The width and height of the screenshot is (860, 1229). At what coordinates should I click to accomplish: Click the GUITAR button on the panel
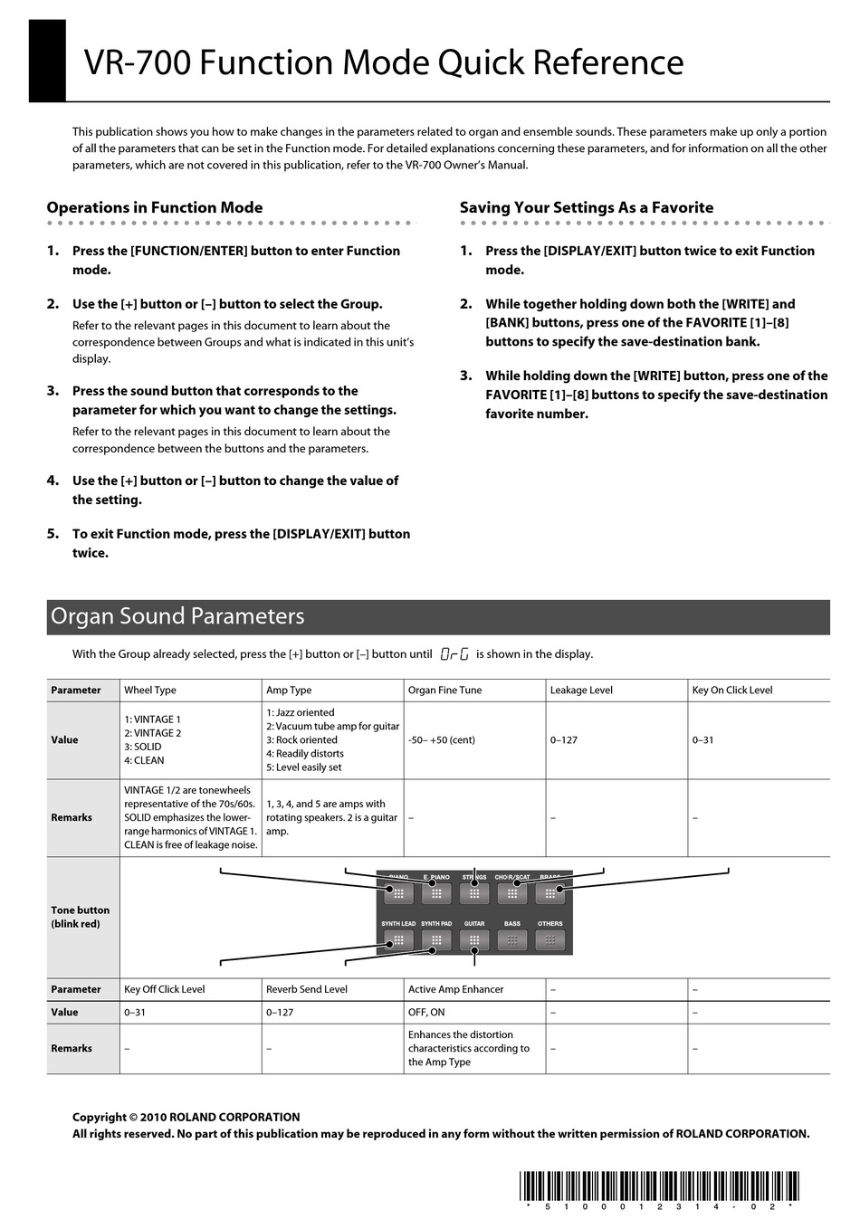click(474, 940)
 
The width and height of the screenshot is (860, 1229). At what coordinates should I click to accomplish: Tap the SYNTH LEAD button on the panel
click(398, 940)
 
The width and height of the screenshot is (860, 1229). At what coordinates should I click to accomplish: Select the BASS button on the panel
click(512, 940)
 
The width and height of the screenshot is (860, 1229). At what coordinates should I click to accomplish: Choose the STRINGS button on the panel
click(474, 893)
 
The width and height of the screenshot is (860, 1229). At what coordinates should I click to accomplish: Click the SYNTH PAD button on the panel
click(436, 940)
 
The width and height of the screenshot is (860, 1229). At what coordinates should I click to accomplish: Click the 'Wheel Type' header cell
click(150, 690)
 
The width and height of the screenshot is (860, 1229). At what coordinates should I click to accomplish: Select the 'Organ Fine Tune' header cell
click(444, 690)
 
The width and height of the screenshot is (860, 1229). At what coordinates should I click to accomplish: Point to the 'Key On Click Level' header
click(731, 690)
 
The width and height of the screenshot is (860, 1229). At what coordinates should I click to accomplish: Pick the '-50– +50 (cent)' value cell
click(441, 739)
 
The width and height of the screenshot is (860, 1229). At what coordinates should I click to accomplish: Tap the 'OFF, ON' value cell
click(426, 1012)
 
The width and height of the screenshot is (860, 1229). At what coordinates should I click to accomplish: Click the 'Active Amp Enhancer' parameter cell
click(455, 989)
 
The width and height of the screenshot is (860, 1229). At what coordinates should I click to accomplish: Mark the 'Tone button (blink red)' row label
click(81, 917)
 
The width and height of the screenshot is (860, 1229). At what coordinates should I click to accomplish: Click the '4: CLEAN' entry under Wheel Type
click(144, 760)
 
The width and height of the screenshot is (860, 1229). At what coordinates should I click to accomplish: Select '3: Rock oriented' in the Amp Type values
click(301, 739)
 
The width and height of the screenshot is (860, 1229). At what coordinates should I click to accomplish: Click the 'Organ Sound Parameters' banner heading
click(177, 616)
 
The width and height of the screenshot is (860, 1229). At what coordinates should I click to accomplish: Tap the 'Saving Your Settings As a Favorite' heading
click(586, 207)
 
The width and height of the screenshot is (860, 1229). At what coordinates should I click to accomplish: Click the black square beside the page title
click(47, 61)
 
